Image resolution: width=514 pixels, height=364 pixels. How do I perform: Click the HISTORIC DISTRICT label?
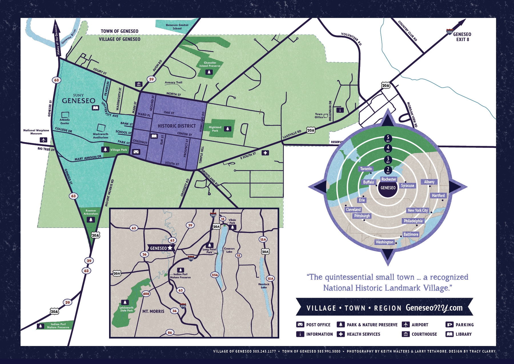[177, 126]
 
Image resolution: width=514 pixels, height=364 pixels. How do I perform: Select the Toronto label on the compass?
[366, 169]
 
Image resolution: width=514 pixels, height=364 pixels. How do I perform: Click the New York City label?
[417, 210]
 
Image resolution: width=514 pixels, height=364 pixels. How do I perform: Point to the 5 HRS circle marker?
[388, 138]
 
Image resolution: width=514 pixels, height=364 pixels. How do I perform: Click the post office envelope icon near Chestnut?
[136, 152]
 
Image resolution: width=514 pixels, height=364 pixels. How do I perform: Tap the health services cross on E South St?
[265, 153]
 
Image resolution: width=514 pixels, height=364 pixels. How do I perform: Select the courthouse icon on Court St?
[139, 84]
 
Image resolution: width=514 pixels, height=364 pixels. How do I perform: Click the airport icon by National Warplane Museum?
[43, 140]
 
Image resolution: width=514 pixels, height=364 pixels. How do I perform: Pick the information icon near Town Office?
[340, 110]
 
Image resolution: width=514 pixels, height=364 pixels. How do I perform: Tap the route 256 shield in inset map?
[214, 275]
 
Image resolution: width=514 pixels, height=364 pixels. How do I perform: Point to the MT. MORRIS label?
[153, 311]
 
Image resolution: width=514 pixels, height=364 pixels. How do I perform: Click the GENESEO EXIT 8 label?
[462, 37]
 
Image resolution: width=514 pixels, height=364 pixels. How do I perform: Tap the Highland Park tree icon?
[228, 129]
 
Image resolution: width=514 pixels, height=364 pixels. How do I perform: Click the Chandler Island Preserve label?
[210, 64]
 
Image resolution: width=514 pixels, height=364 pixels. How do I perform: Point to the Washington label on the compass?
[384, 242]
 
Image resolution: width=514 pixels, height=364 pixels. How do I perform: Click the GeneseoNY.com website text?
[434, 308]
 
